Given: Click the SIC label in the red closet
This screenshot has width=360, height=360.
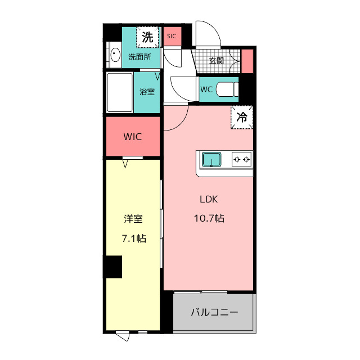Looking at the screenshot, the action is point(172,36).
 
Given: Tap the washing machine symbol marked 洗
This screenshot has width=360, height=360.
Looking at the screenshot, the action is point(147,37).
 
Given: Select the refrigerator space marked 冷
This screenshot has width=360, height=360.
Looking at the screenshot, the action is point(242,117).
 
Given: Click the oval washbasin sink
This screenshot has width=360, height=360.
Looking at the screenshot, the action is point(115,55).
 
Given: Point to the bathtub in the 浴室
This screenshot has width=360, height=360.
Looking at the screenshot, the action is point(120,92).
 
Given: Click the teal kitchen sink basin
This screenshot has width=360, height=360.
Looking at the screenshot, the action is point(211,159).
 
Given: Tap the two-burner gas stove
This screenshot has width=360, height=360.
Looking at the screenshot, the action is point(241,159).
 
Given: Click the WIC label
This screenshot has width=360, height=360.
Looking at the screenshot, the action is point(133,137).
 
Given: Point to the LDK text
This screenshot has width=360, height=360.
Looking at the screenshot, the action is point(209,199).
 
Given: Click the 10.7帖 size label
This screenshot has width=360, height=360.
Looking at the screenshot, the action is point(209,218).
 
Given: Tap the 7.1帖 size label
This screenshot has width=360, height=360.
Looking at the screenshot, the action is point(134,238).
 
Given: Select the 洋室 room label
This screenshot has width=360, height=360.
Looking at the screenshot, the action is point(133,219).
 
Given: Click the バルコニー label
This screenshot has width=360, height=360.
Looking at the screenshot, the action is point(214,312).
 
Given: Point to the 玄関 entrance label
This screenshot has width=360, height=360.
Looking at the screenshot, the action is point(216,61).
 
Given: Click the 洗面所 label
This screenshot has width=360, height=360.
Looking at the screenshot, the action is point(140,57).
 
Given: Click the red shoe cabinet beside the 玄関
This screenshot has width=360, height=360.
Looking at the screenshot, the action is point(247,61).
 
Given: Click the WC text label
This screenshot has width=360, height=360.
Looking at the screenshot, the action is point(206,89).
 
